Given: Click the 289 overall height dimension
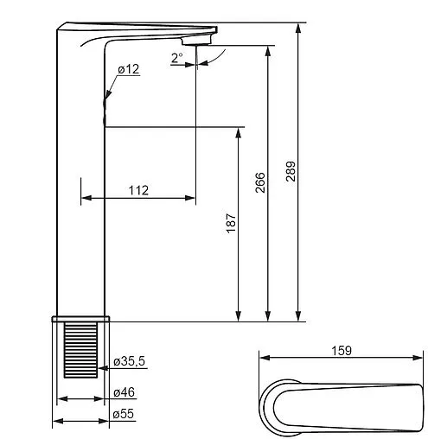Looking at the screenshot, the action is click(x=291, y=171).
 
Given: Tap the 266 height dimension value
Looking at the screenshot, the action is click(x=260, y=182).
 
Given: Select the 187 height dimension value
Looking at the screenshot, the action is click(x=231, y=223).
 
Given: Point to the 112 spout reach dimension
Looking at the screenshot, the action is click(x=138, y=190).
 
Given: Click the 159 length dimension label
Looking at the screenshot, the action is click(x=342, y=351).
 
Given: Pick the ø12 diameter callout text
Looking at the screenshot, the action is click(x=129, y=69).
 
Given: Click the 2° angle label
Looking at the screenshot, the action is click(x=177, y=58).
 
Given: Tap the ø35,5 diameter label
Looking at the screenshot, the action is click(x=130, y=361).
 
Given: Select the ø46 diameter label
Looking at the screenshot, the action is click(x=124, y=392).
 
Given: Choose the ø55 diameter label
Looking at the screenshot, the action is click(x=124, y=414).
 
